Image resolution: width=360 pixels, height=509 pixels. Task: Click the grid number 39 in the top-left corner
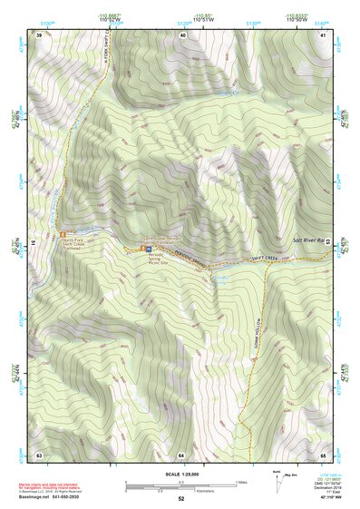39,34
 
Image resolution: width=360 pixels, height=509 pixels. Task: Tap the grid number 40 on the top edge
182,34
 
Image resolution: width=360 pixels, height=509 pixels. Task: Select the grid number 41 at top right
325,34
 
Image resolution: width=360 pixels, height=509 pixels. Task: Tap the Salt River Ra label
311,239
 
